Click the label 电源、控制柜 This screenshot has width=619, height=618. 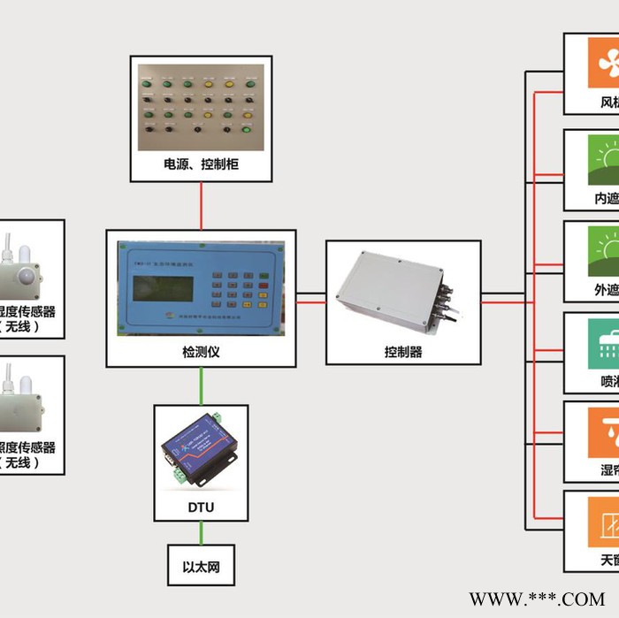coord(201,164)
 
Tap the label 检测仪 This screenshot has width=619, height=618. coord(201,352)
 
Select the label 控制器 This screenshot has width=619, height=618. coord(403,352)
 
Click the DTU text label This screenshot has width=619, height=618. coord(201,507)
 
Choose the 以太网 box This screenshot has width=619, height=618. coord(201,567)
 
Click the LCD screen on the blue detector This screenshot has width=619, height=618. coord(163,288)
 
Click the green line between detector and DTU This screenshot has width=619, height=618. coord(201,386)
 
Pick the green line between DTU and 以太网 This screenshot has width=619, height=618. coord(201,532)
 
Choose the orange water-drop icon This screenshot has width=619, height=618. coord(605,432)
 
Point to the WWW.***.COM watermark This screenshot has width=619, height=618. coord(537,599)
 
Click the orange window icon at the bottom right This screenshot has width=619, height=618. coord(605,523)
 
